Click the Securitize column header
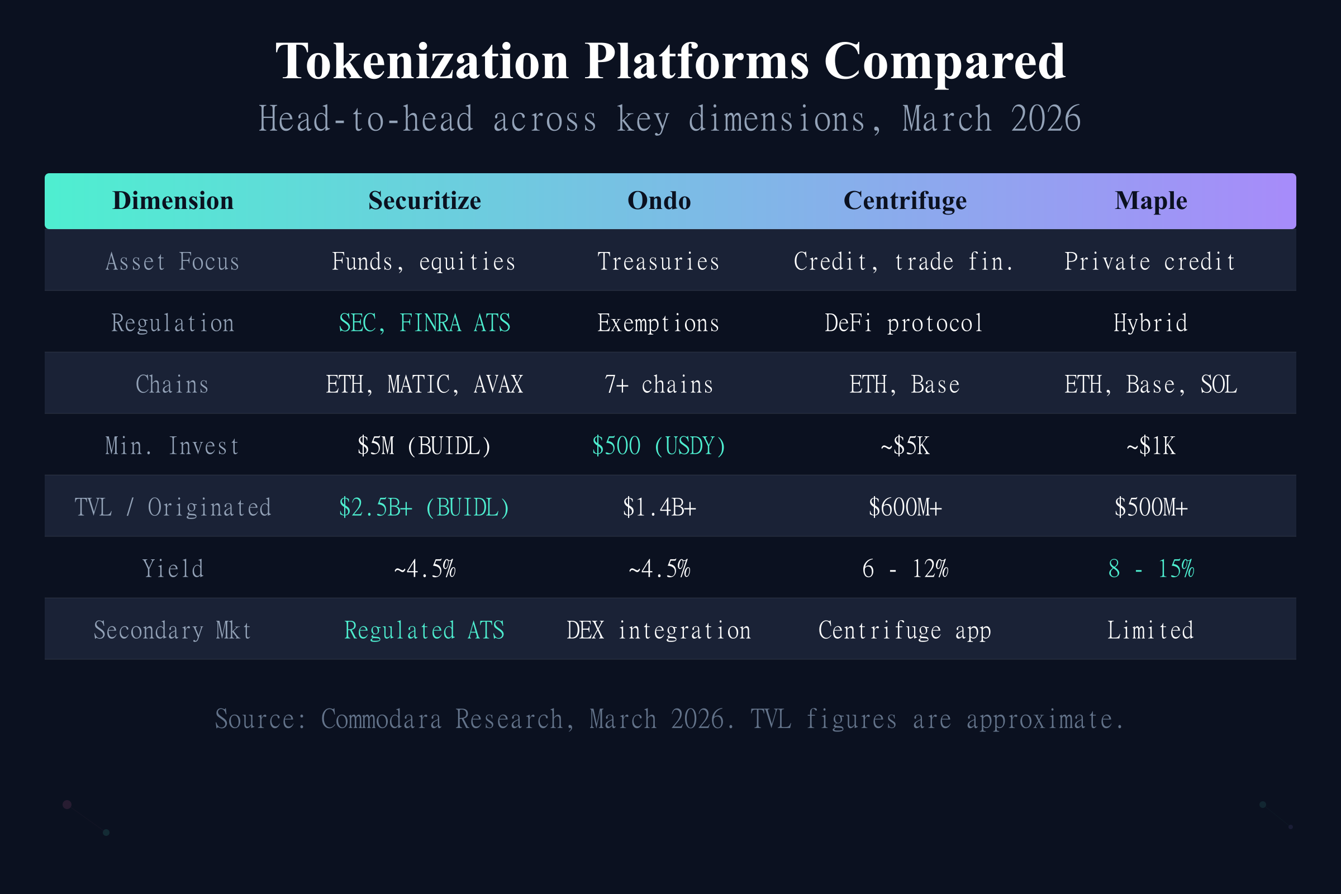(424, 201)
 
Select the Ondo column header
(659, 201)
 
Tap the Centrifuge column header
(905, 201)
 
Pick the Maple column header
(1150, 201)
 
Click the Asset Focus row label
(173, 261)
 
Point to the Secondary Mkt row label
(173, 630)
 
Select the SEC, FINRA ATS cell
(424, 324)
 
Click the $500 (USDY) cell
(659, 446)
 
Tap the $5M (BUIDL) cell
(424, 446)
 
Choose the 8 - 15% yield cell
(1150, 568)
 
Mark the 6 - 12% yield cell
(905, 568)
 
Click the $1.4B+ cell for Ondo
(659, 507)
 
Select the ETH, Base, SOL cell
(1150, 385)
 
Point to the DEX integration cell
(659, 630)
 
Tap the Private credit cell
(1150, 261)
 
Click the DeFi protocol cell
(905, 324)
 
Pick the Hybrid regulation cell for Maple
(1150, 324)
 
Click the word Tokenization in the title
(422, 61)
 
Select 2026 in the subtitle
(1045, 119)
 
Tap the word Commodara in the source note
(381, 719)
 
